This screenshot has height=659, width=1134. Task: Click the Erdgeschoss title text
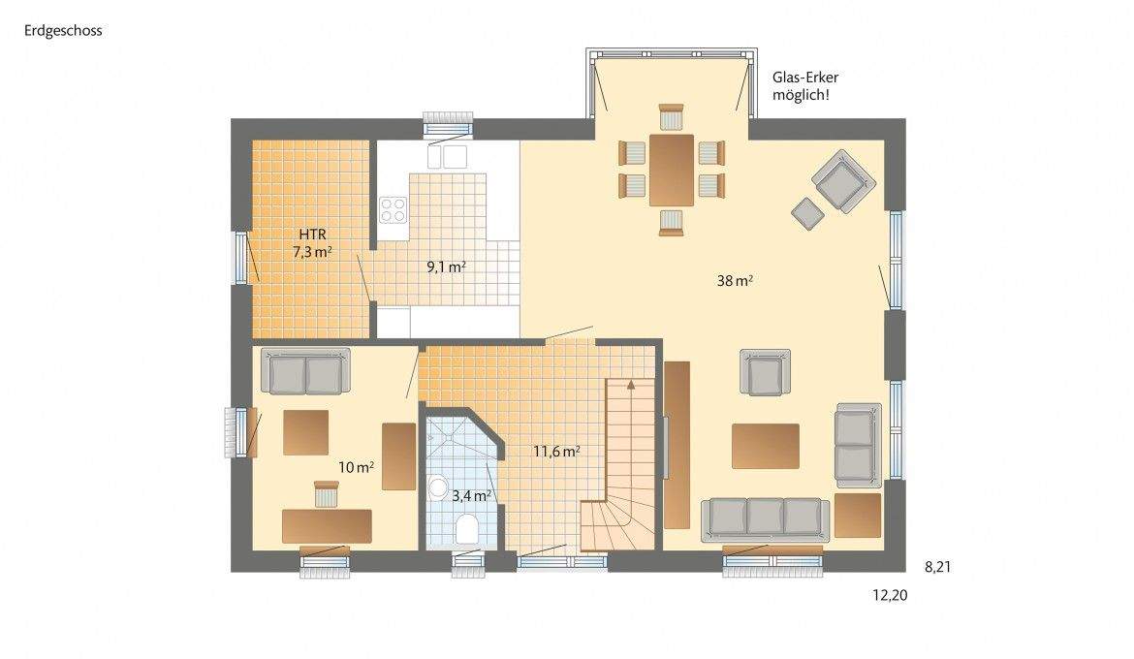point(63,30)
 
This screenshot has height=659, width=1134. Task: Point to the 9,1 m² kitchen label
point(447,267)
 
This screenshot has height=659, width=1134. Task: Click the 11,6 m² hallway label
point(556,451)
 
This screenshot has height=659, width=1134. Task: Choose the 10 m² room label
point(357,467)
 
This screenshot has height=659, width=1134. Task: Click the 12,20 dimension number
point(889,596)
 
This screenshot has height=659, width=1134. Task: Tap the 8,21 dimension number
point(938,567)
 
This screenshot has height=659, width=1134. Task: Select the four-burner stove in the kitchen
point(393,210)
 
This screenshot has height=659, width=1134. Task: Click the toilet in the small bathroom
point(466,529)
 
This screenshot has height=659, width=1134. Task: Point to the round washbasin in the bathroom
point(438,486)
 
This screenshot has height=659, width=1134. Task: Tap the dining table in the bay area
point(672,170)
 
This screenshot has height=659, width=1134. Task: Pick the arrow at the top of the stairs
point(631,384)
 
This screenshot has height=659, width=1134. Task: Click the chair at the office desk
point(325,494)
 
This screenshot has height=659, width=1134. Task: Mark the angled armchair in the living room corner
point(842,180)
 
